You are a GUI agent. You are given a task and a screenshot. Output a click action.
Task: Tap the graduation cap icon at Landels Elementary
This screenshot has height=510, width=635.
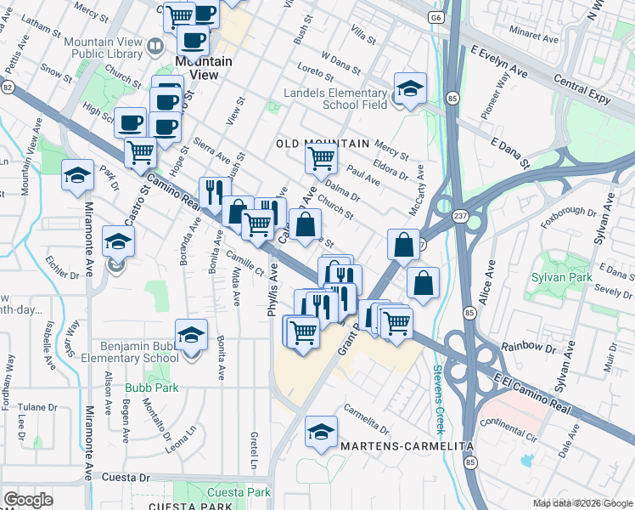tap(409, 88)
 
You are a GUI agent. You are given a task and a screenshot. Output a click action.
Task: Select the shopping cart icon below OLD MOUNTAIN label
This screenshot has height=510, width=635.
tap(321, 157)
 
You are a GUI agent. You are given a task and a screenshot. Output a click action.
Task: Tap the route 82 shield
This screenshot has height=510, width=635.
tap(8, 87)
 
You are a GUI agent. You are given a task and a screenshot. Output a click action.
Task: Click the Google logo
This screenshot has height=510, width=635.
tap(28, 500)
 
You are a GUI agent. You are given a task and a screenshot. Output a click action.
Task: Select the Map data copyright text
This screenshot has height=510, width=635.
tap(582, 504)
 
